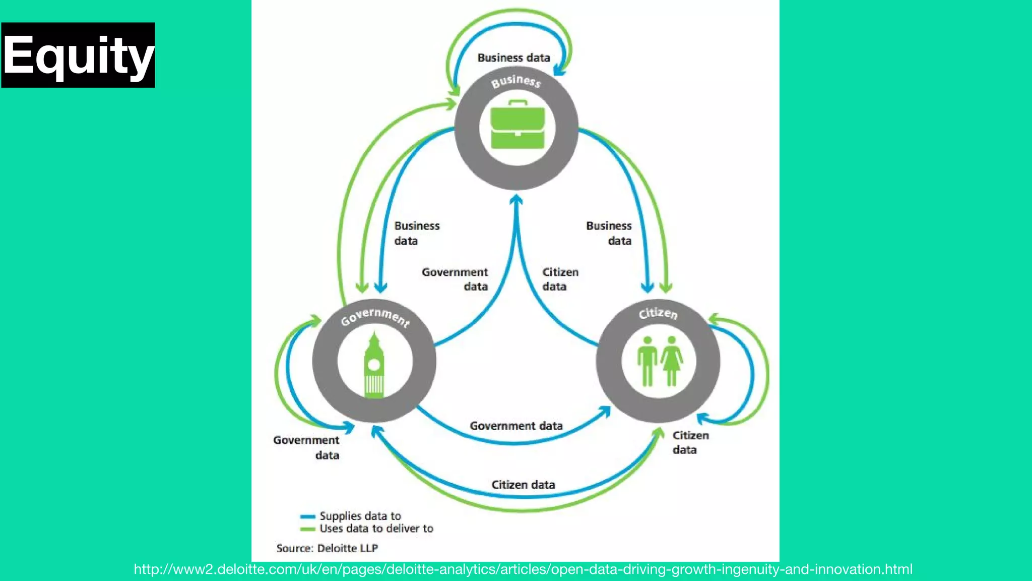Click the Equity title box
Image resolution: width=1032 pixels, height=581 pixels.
(78, 55)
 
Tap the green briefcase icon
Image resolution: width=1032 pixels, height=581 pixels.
(518, 126)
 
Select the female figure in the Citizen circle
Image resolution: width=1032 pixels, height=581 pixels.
(672, 361)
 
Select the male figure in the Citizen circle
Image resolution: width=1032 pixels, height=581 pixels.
(647, 361)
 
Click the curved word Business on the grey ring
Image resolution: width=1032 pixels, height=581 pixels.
(516, 81)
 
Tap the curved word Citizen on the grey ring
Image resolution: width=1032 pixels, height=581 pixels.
(658, 313)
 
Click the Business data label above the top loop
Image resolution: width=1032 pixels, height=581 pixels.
(513, 58)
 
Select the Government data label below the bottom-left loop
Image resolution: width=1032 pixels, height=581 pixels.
(307, 447)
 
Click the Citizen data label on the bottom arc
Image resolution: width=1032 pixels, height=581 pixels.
(523, 485)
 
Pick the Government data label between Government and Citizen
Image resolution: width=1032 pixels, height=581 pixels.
(516, 426)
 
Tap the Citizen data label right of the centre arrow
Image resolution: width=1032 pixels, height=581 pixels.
(559, 279)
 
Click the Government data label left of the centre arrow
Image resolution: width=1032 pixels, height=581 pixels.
(455, 279)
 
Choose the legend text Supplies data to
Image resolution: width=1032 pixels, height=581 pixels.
(360, 516)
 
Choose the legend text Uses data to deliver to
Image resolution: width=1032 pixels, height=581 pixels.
(376, 529)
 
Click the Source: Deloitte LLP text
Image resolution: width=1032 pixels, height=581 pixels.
(327, 548)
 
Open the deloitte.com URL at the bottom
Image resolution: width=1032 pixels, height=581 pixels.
(523, 569)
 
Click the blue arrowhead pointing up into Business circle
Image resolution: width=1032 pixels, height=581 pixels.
(515, 200)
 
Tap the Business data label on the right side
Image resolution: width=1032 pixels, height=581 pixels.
(609, 233)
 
